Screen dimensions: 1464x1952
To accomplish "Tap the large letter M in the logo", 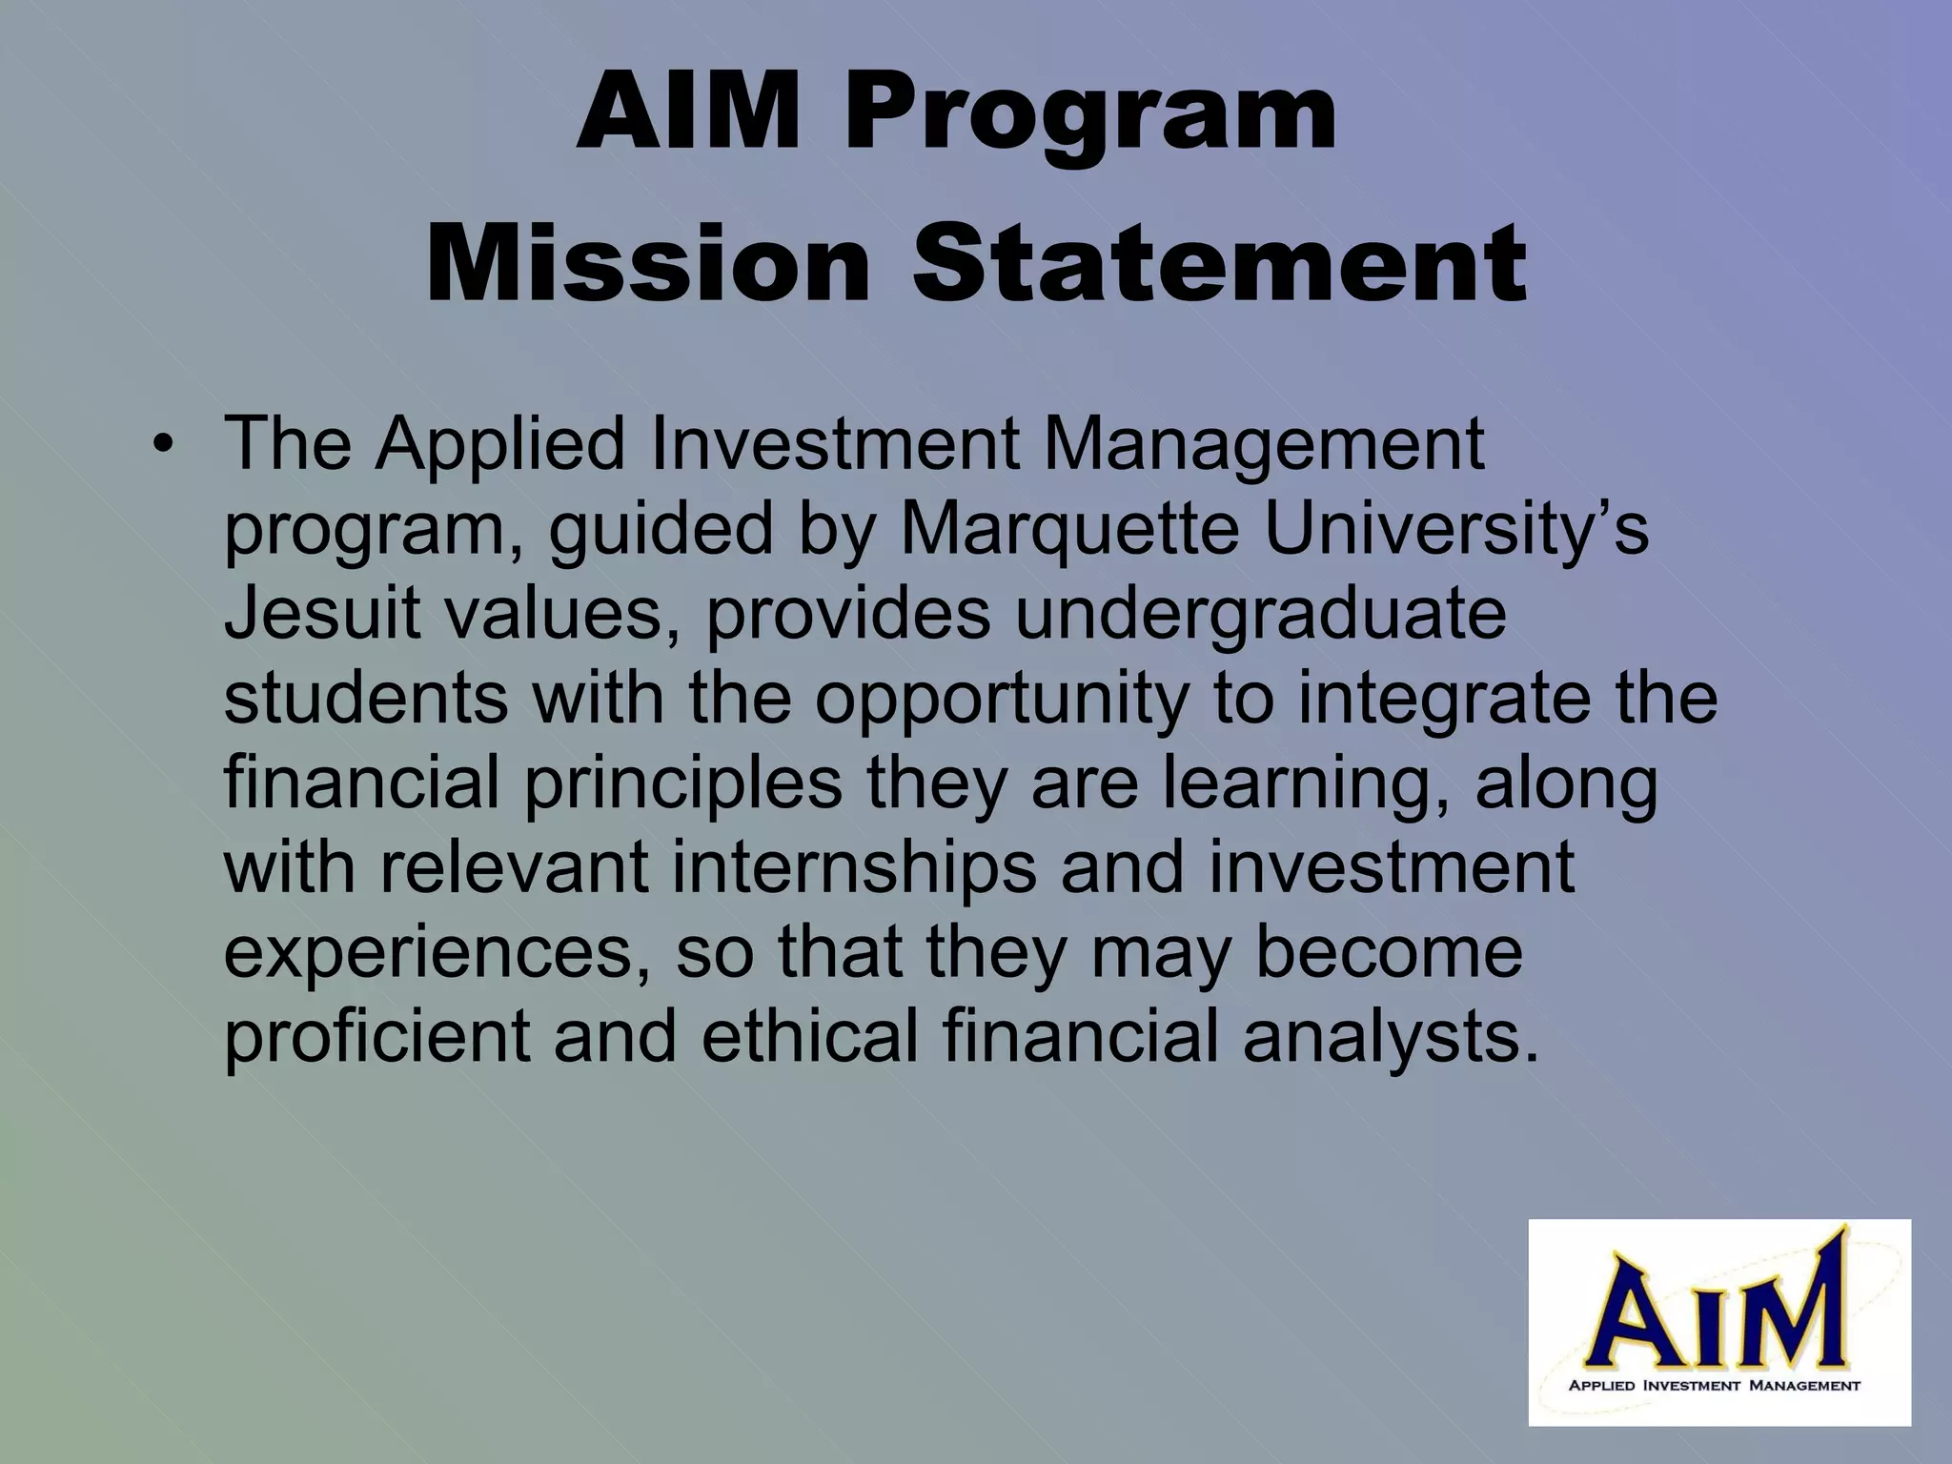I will (x=1792, y=1316).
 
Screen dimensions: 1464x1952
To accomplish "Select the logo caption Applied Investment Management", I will (x=1714, y=1385).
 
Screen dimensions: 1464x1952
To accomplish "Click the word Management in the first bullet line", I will (x=1264, y=446).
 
